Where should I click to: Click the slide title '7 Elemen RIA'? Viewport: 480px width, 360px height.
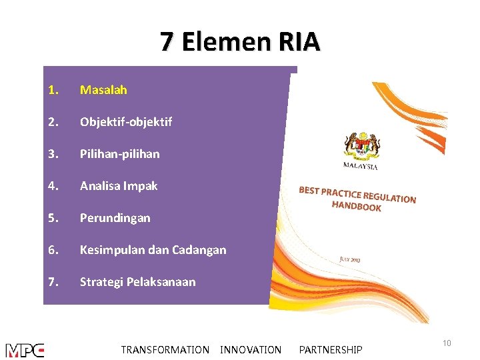point(240,42)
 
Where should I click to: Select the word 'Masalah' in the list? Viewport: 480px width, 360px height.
point(103,89)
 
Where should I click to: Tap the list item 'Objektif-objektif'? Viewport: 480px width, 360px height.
point(126,121)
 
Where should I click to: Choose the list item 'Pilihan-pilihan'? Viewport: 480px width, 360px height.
point(120,153)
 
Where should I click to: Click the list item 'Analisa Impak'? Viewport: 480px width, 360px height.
point(119,186)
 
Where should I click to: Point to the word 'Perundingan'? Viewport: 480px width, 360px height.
point(115,217)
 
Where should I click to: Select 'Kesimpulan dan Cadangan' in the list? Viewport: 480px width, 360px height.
point(153,250)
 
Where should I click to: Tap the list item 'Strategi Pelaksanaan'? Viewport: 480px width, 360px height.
point(138,281)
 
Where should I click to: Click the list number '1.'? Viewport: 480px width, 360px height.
point(53,89)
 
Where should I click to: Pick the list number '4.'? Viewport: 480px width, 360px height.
point(53,186)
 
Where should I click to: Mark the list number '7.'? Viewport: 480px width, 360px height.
point(53,281)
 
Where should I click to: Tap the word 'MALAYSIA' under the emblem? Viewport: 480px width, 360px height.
point(360,165)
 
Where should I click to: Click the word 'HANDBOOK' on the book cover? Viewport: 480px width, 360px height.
point(356,206)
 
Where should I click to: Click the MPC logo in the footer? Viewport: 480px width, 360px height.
point(25,350)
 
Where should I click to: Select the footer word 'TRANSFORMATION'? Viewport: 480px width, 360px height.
point(165,349)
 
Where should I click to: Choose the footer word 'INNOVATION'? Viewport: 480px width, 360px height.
point(251,349)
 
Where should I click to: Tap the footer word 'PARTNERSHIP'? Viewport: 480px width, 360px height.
point(331,349)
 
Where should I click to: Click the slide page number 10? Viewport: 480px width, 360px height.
point(447,343)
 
